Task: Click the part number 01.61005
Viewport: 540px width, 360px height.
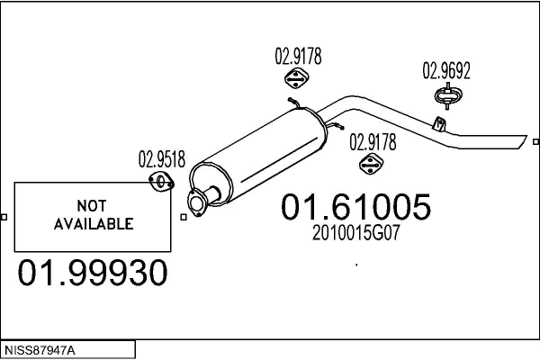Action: (356, 207)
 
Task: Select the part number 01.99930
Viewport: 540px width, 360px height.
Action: (93, 273)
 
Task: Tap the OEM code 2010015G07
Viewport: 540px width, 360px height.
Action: (355, 231)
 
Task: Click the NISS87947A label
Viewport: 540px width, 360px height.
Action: (40, 349)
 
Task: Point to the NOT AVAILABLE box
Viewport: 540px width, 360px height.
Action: (94, 215)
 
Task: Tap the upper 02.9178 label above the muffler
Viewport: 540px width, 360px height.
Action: (298, 57)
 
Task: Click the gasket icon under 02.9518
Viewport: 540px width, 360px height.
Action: (161, 184)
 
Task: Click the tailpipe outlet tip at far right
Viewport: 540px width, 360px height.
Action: (520, 141)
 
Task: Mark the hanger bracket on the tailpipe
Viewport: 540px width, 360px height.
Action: (439, 122)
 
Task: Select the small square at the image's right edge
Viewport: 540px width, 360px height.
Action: (535, 141)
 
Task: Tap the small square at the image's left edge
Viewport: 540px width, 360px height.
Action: (4, 217)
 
